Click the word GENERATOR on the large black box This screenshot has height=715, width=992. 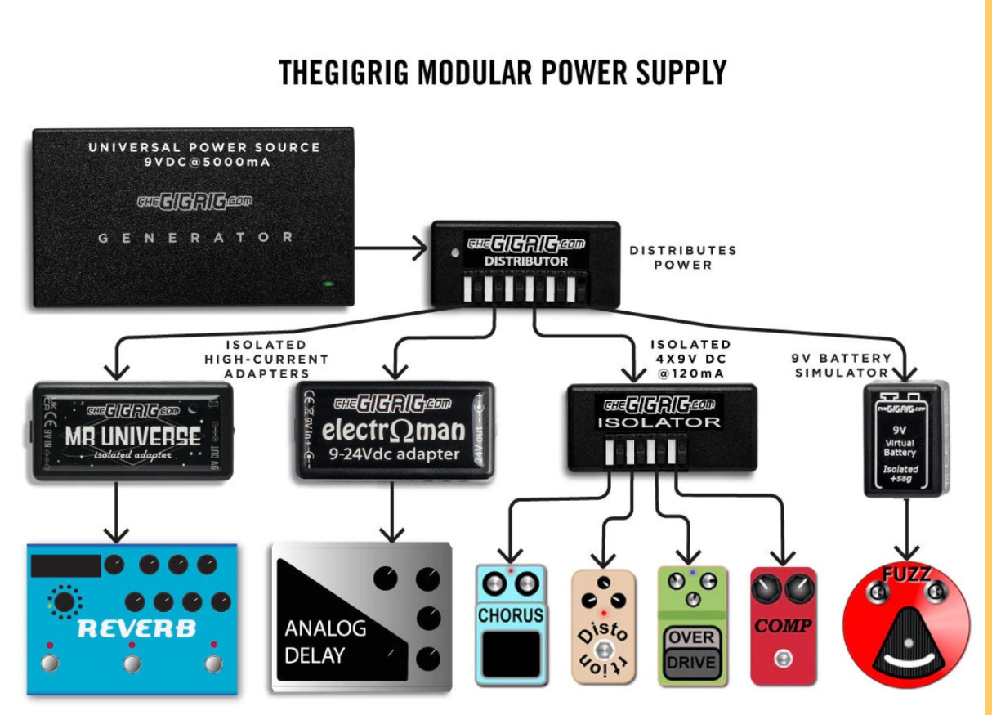tap(195, 238)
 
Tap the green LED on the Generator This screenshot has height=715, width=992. tap(328, 284)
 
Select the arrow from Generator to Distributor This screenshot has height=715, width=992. tap(391, 244)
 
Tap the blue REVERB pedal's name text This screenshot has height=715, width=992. tap(137, 628)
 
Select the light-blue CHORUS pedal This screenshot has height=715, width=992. tap(510, 625)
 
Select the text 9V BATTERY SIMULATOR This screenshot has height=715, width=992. tap(841, 365)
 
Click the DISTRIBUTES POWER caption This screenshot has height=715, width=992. tap(682, 257)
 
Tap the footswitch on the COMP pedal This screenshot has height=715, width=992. tap(784, 658)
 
